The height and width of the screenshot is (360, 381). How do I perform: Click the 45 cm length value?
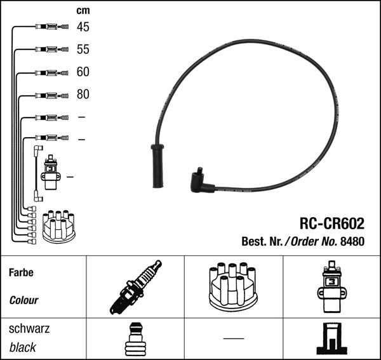pos(83,27)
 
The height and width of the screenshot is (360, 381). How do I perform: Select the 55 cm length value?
pos(83,49)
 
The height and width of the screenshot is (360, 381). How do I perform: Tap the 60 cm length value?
pos(83,72)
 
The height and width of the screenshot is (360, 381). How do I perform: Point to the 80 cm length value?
pos(83,95)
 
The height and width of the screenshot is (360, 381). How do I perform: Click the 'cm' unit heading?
pos(83,10)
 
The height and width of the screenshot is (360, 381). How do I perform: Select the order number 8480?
pos(352,241)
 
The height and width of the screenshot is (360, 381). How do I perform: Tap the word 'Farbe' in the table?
pos(21,272)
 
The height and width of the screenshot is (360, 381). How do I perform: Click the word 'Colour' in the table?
pos(24,300)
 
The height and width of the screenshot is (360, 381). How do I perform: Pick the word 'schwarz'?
pos(29,329)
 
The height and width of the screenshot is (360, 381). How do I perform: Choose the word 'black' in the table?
pos(23,347)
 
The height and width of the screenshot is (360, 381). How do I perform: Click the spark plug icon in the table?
pos(134,288)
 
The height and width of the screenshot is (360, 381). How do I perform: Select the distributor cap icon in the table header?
pos(233,286)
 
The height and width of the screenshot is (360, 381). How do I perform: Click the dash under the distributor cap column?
pos(233,338)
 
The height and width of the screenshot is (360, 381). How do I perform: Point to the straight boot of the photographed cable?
pos(156,166)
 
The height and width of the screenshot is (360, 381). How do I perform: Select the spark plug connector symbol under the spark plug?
pos(134,340)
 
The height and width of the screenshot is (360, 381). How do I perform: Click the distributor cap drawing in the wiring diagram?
pos(58,227)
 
